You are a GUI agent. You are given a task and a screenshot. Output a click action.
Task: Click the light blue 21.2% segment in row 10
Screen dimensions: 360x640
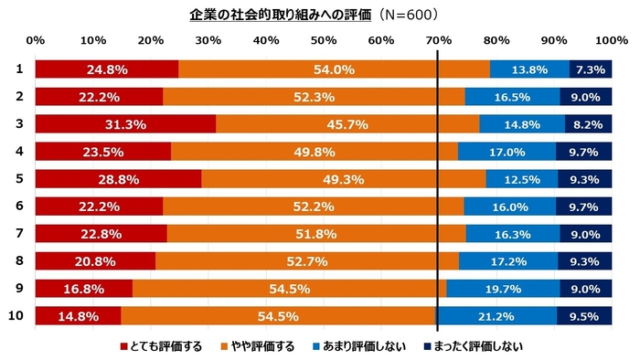(x=496, y=317)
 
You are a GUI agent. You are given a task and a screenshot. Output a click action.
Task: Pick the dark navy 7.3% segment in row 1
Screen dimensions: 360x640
(x=591, y=69)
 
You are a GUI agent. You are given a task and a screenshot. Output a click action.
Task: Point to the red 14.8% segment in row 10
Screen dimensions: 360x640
(x=78, y=317)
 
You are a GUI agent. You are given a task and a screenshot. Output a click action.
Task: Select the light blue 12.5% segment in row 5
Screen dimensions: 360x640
(x=521, y=180)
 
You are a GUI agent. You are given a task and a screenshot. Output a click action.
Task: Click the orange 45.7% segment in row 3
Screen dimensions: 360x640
(x=347, y=125)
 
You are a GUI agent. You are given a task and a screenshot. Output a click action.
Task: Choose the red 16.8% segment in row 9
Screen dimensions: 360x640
(x=83, y=290)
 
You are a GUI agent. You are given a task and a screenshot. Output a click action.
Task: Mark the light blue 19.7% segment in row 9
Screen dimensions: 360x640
(x=502, y=290)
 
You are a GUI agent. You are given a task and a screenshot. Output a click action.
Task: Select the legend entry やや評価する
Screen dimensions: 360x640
(x=261, y=346)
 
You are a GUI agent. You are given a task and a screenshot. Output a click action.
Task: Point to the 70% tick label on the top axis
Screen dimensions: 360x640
(x=439, y=41)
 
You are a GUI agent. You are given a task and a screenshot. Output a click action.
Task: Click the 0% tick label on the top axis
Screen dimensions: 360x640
(x=36, y=41)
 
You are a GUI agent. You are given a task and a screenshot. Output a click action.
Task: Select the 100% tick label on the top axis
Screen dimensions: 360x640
(x=610, y=41)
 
